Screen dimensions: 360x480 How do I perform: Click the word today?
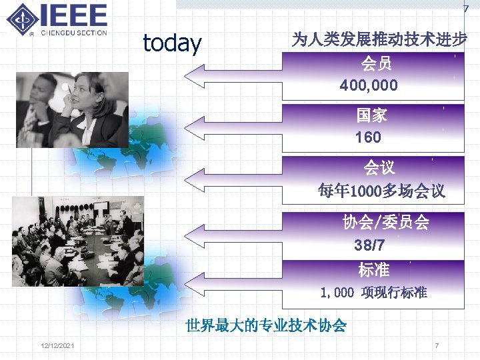click(x=172, y=43)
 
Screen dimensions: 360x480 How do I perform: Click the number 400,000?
click(x=369, y=85)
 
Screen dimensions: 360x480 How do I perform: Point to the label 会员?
click(x=376, y=64)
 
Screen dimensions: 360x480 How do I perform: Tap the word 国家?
click(x=371, y=115)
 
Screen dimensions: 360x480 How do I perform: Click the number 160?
click(x=369, y=137)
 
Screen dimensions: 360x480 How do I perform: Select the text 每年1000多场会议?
click(x=381, y=191)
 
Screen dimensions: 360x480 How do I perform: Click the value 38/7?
click(x=368, y=245)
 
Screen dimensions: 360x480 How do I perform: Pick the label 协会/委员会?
click(x=385, y=223)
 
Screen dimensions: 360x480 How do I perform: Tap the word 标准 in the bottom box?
click(x=373, y=270)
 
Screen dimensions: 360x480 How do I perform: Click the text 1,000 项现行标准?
click(x=373, y=293)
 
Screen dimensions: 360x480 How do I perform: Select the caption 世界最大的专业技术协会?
click(x=266, y=325)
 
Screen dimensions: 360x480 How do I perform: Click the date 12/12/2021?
click(x=57, y=345)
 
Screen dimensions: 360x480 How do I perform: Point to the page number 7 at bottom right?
click(x=436, y=345)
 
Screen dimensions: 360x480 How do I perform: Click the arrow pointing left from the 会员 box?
click(x=233, y=76)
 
